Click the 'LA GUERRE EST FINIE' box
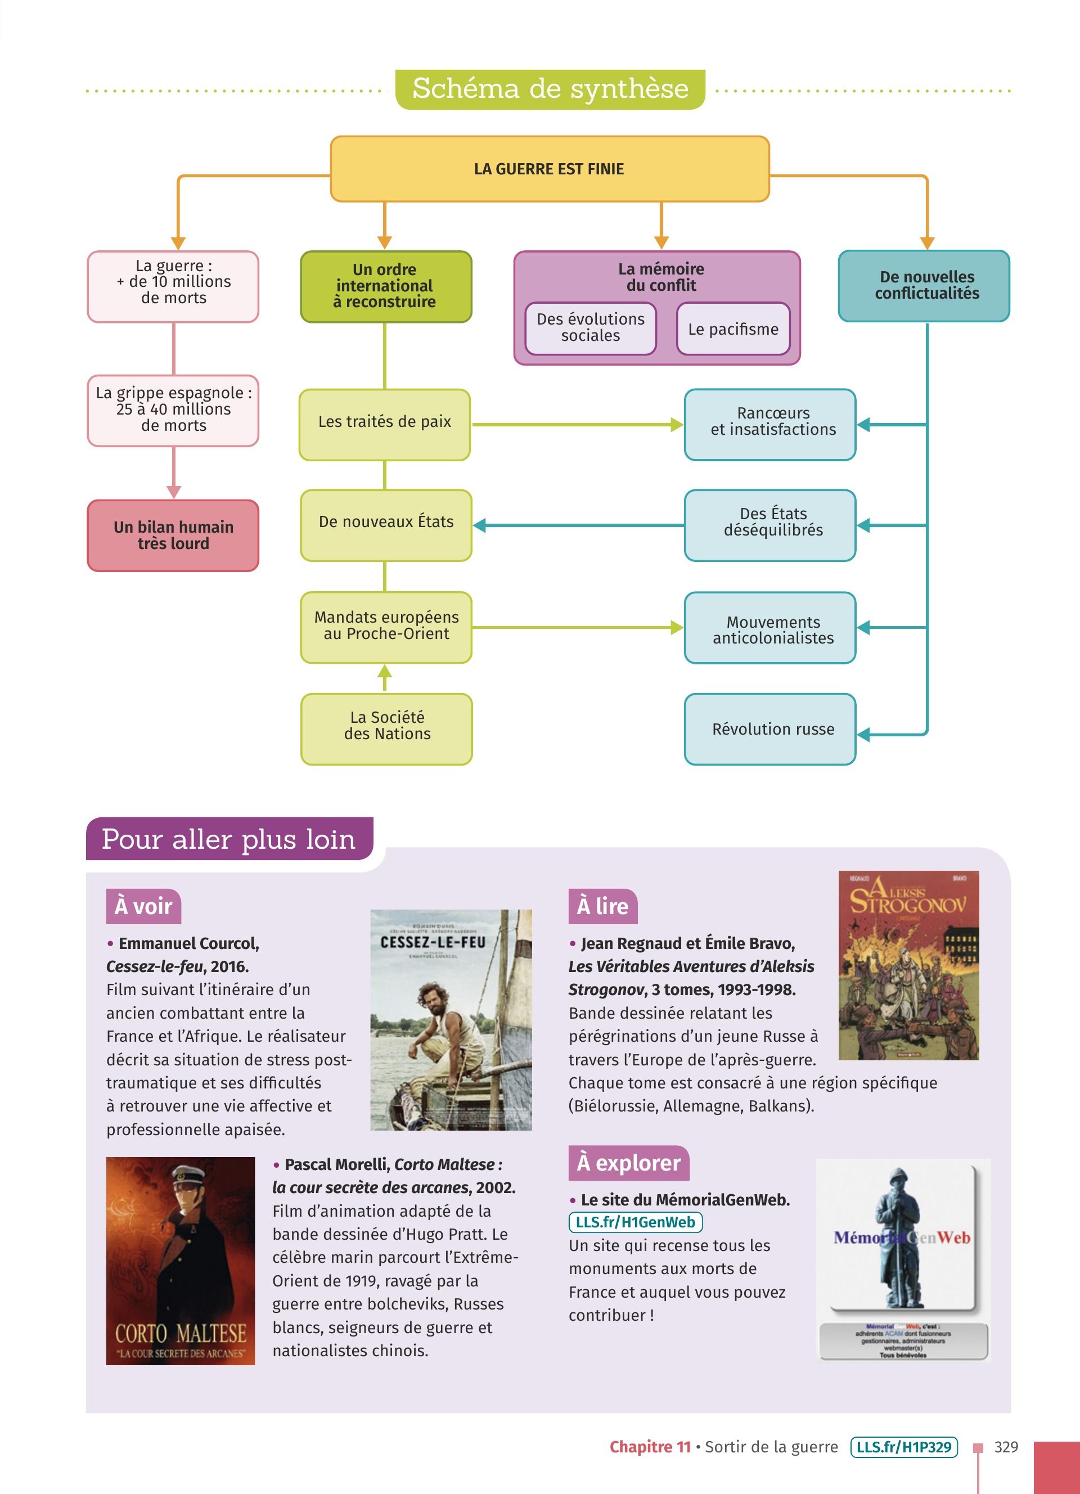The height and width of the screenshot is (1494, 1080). (549, 169)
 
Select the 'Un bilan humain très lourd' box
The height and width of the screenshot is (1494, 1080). (173, 535)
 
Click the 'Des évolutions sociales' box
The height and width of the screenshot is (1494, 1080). (590, 328)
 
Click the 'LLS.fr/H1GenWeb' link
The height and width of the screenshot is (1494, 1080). (635, 1222)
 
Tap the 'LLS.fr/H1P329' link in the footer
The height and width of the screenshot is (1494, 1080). (903, 1447)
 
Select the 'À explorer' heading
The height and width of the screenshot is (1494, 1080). (628, 1163)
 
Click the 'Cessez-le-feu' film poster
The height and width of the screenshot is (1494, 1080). (451, 1020)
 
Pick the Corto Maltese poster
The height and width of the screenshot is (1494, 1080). (181, 1261)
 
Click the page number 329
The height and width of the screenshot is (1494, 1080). (1006, 1447)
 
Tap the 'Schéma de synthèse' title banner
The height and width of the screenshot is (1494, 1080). (550, 89)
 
